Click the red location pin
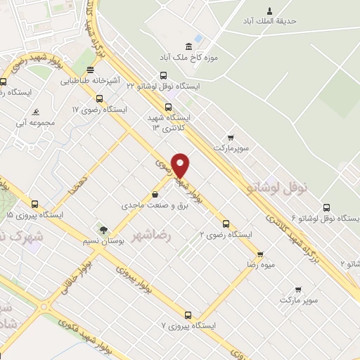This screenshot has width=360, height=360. coord(181,165)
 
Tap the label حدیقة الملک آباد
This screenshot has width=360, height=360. coord(268,21)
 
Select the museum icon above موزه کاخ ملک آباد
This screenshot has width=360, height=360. coord(198,38)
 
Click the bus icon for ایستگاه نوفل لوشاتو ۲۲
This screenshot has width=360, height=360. coord(164,75)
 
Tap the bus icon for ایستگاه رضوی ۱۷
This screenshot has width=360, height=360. coord(99,99)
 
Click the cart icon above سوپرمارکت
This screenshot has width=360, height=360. coord(231,137)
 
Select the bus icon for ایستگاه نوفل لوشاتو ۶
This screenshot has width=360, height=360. coord(326,207)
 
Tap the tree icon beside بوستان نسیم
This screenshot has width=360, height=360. coord(103,230)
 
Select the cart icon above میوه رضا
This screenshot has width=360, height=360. coord(260,255)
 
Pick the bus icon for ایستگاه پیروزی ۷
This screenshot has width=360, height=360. coord(188,316)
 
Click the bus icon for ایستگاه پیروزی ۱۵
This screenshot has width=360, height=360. coord(34,203)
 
